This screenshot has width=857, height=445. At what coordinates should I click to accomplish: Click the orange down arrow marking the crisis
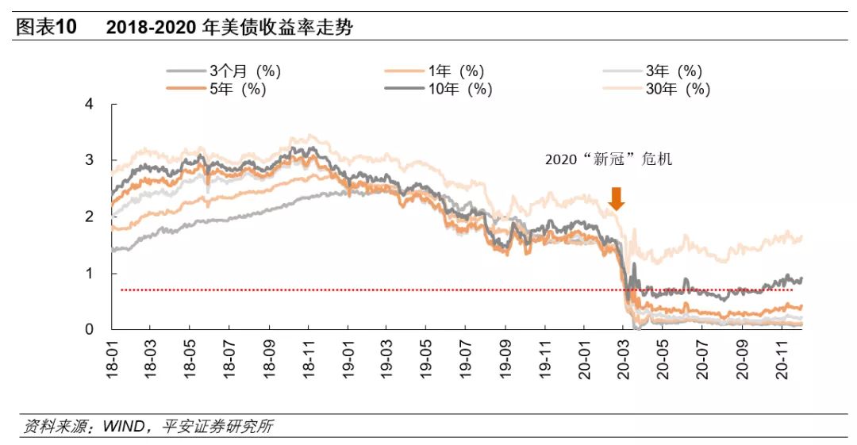616,198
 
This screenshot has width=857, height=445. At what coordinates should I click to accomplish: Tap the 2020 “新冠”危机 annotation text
608,159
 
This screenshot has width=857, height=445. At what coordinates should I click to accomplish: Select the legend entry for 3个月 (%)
224,71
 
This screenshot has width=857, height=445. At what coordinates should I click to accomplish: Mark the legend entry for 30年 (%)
658,89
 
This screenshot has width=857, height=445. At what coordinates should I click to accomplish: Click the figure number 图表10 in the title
46,28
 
